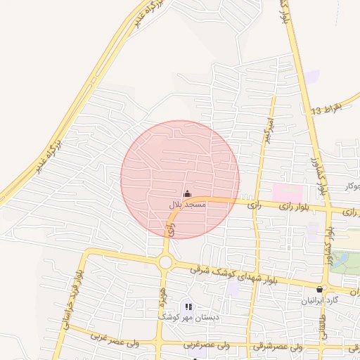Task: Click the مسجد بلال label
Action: (186, 205)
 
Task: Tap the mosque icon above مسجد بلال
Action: (187, 194)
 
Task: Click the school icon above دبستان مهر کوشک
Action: (187, 306)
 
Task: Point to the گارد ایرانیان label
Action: (321, 300)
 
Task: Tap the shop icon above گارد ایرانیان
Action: (321, 289)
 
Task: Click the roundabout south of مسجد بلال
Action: (166, 262)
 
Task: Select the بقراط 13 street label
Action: (326, 109)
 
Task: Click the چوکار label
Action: (352, 186)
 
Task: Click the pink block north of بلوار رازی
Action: (287, 191)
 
